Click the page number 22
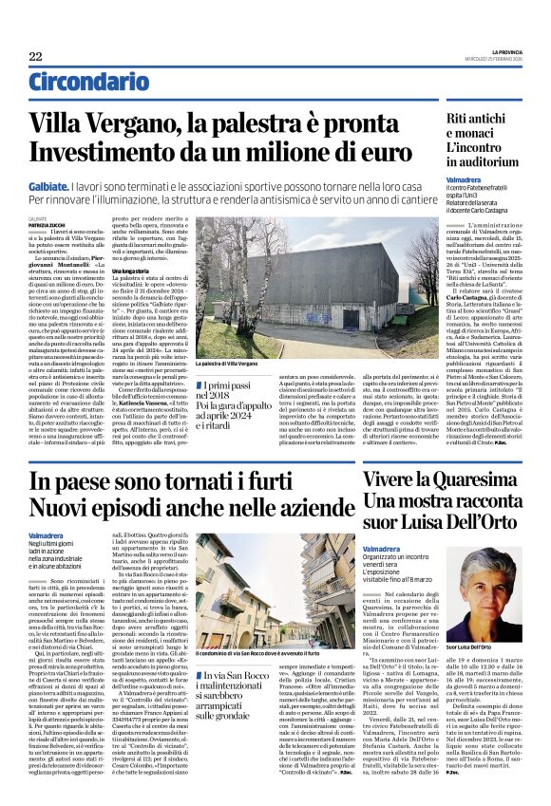(35, 58)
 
